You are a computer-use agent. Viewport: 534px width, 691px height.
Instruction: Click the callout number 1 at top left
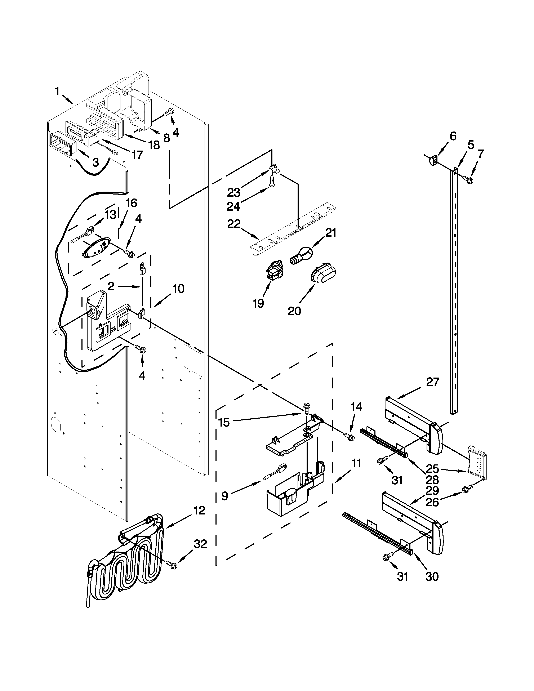pyautogui.click(x=57, y=92)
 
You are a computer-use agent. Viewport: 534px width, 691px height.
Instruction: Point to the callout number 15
pyautogui.click(x=224, y=422)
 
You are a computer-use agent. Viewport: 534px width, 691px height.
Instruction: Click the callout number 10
pyautogui.click(x=178, y=289)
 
